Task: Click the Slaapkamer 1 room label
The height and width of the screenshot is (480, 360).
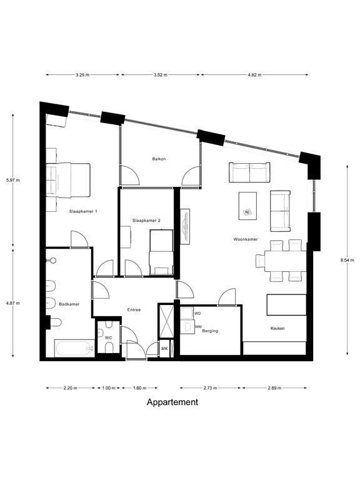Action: click(83, 211)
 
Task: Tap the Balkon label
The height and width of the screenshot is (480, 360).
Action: click(159, 159)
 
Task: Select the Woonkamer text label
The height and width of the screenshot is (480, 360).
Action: click(246, 239)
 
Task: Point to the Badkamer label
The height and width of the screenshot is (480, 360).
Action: click(69, 304)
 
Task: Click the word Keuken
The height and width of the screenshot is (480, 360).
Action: click(277, 328)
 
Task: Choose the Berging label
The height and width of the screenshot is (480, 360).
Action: click(210, 331)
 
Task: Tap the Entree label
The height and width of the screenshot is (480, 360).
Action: click(134, 310)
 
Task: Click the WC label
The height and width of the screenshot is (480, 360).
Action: click(108, 337)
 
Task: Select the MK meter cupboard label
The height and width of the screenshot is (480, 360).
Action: click(164, 348)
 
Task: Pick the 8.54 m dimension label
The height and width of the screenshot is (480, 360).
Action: click(347, 260)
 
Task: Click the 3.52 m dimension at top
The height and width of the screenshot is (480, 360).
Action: click(161, 75)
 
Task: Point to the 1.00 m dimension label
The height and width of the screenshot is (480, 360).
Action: click(108, 388)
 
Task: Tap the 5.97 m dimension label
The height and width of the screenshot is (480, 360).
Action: click(13, 180)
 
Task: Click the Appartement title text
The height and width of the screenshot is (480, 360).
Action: click(172, 402)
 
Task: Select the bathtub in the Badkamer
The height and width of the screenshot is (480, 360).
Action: click(75, 348)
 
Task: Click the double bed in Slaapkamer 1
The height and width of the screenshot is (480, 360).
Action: click(68, 180)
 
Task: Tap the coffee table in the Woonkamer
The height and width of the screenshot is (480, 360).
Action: click(247, 206)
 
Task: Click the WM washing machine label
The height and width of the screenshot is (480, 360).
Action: click(198, 327)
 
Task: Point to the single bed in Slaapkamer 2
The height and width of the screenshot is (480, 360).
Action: click(161, 252)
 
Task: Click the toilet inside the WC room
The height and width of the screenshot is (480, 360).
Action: click(109, 347)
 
